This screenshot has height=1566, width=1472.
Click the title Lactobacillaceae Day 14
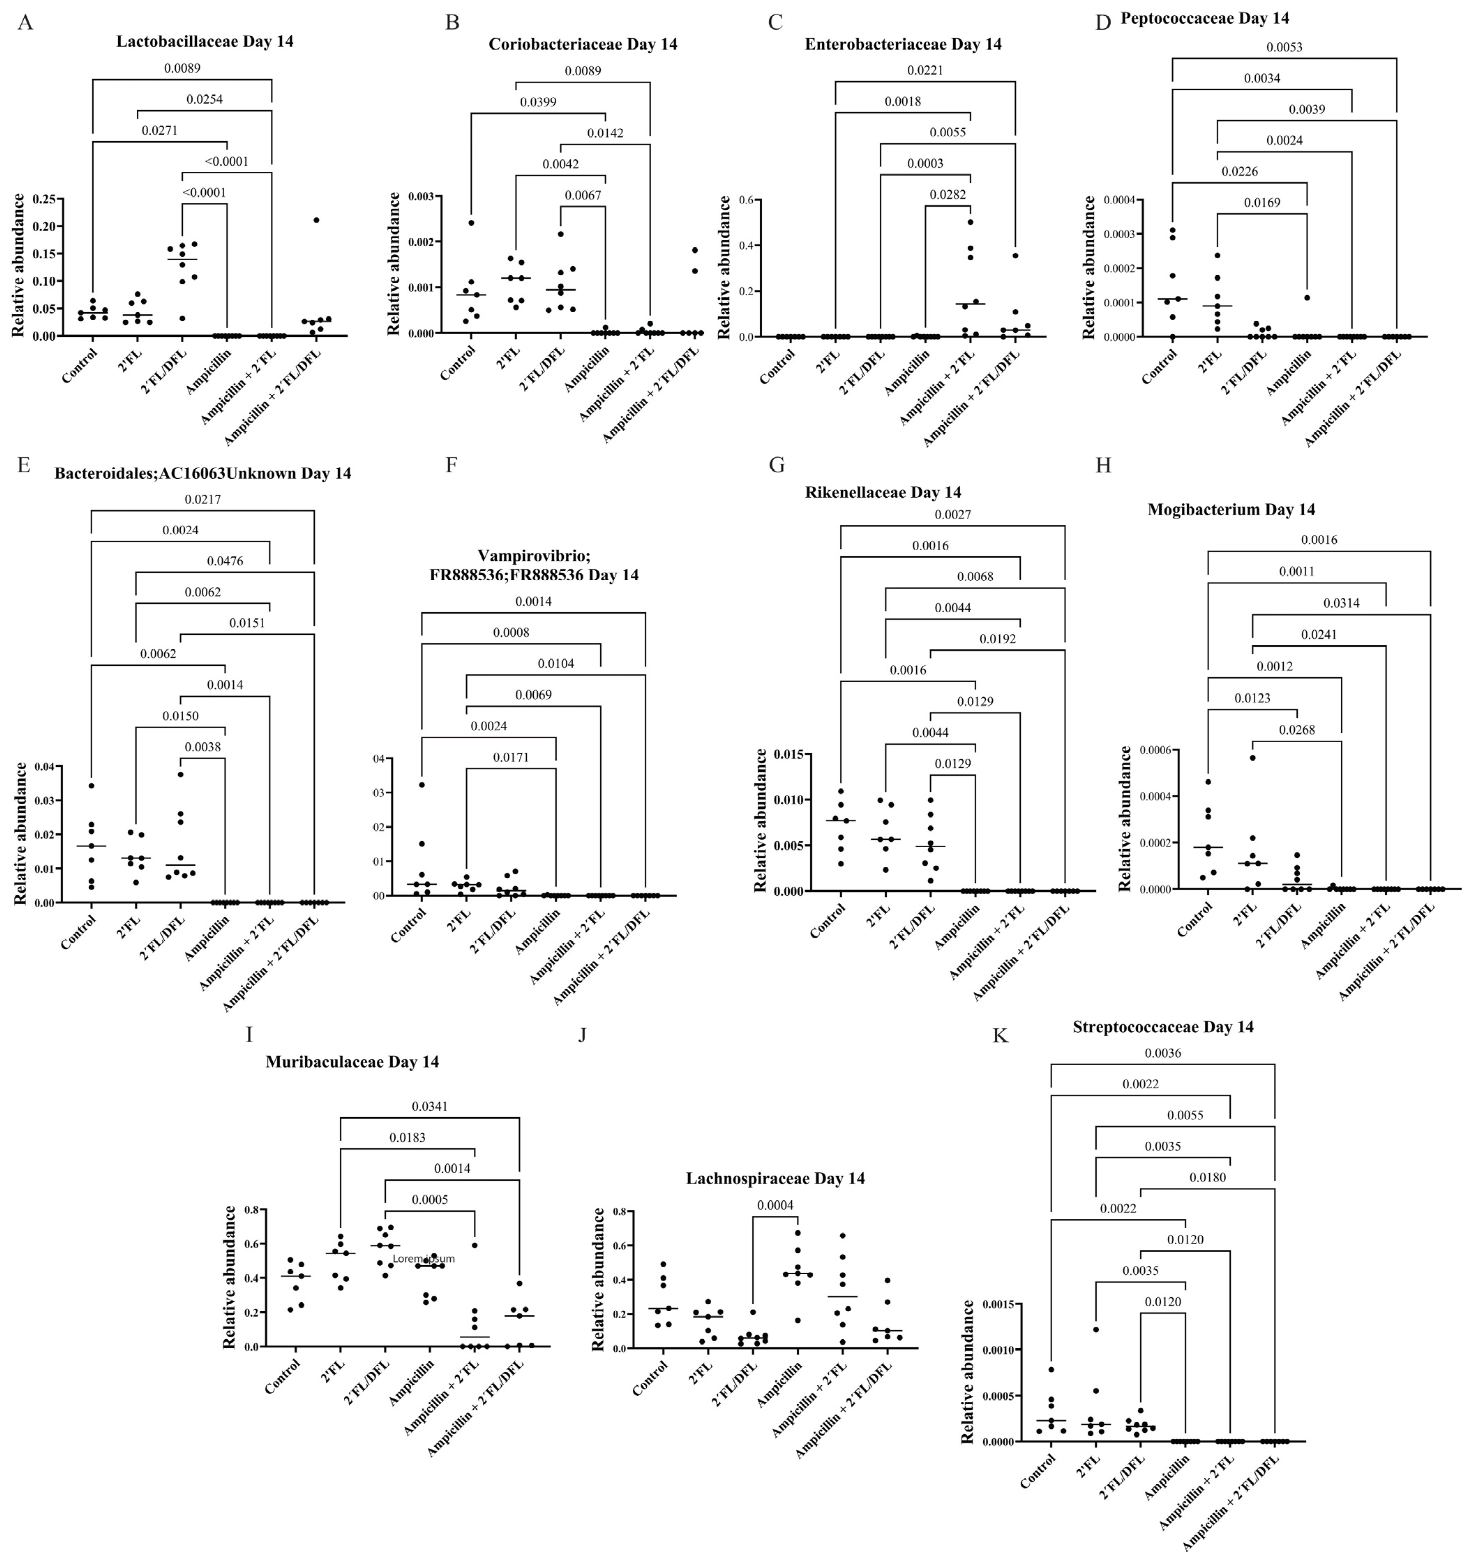[x=205, y=42]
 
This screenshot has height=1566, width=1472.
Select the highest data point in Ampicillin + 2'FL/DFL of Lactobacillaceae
[x=316, y=221]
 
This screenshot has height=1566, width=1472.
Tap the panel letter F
[x=451, y=465]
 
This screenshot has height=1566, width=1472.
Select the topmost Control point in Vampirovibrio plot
[x=421, y=785]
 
